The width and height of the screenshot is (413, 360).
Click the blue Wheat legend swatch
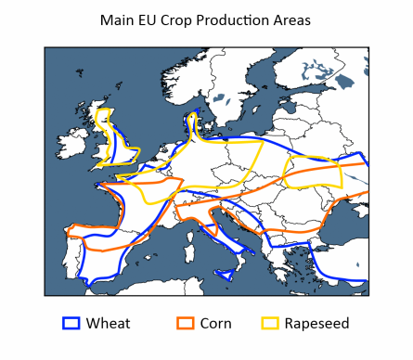click(71, 323)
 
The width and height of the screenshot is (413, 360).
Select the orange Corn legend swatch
click(186, 323)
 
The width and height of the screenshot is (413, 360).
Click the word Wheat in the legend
click(108, 323)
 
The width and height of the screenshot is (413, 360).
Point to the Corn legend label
click(215, 323)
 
